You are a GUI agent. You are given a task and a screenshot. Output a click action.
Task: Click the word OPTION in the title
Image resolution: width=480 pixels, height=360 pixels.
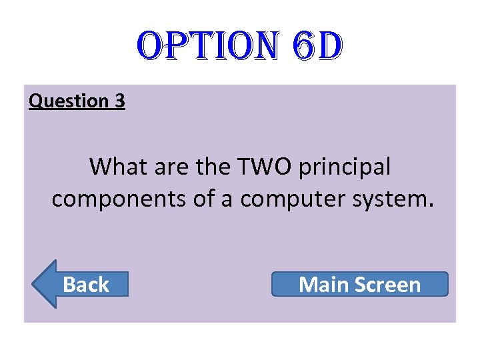(199, 46)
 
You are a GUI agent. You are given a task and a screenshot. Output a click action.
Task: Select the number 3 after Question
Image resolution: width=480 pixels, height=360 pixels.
(119, 101)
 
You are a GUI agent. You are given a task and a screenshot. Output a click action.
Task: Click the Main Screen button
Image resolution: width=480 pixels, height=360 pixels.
(360, 284)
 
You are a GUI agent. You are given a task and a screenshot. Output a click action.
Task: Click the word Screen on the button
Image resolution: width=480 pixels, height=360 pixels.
(388, 285)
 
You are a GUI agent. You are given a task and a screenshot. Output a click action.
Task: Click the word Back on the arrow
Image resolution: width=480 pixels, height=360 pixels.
(86, 285)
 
